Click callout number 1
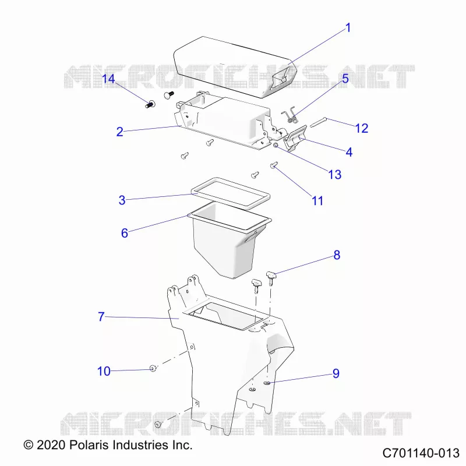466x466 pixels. (348, 28)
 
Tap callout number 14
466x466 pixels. (108, 79)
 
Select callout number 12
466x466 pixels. (362, 128)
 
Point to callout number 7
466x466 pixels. (101, 316)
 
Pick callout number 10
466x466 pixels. (104, 371)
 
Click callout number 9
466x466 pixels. (336, 373)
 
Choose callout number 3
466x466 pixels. (122, 200)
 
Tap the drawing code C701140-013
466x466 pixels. (421, 453)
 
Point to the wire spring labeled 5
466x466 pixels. (289, 115)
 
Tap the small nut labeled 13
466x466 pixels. (276, 145)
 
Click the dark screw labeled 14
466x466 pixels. (151, 104)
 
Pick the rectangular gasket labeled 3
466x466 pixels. (231, 193)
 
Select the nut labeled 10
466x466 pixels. (153, 369)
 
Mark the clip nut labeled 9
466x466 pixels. (267, 383)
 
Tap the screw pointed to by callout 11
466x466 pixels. (274, 165)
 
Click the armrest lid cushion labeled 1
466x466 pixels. (235, 67)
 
